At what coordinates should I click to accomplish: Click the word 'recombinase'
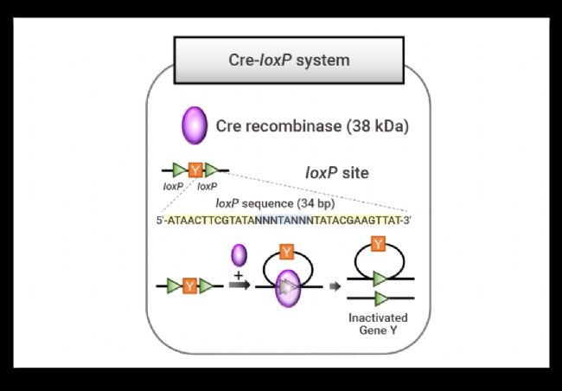(x=291, y=126)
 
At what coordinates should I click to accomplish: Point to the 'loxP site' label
(x=337, y=172)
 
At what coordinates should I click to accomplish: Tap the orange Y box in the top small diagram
(x=195, y=170)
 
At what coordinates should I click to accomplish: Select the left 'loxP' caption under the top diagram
(x=173, y=186)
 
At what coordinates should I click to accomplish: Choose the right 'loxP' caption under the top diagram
(x=208, y=186)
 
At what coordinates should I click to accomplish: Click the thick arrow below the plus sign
(x=240, y=285)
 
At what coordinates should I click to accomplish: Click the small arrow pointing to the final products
(x=333, y=285)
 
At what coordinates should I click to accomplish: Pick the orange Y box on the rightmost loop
(x=377, y=245)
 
